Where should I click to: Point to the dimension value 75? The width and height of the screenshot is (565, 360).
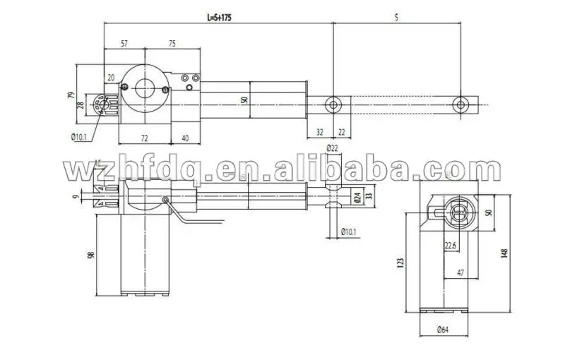coord(172,44)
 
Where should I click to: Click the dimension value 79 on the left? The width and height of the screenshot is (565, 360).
coord(71,95)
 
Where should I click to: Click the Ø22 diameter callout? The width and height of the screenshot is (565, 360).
coord(333,147)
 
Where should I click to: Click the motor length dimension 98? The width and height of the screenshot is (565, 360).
coord(91,255)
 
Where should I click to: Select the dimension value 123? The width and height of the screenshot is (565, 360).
coord(401,263)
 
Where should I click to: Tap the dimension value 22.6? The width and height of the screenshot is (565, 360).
coord(451,246)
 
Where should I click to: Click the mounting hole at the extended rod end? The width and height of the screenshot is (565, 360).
coord(460,104)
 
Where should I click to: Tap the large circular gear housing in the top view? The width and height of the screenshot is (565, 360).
coord(144,88)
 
